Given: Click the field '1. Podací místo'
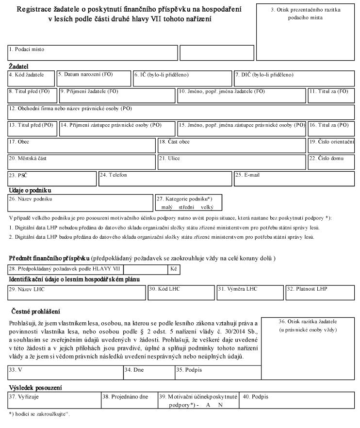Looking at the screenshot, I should (92, 53).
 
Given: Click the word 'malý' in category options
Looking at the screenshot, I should (167, 207).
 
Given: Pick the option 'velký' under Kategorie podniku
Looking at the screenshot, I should (207, 207).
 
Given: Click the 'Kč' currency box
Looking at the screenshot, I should (174, 268).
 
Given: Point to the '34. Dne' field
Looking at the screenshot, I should (148, 373).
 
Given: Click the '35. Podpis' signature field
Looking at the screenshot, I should (217, 373).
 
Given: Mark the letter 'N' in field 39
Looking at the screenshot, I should (220, 405).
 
